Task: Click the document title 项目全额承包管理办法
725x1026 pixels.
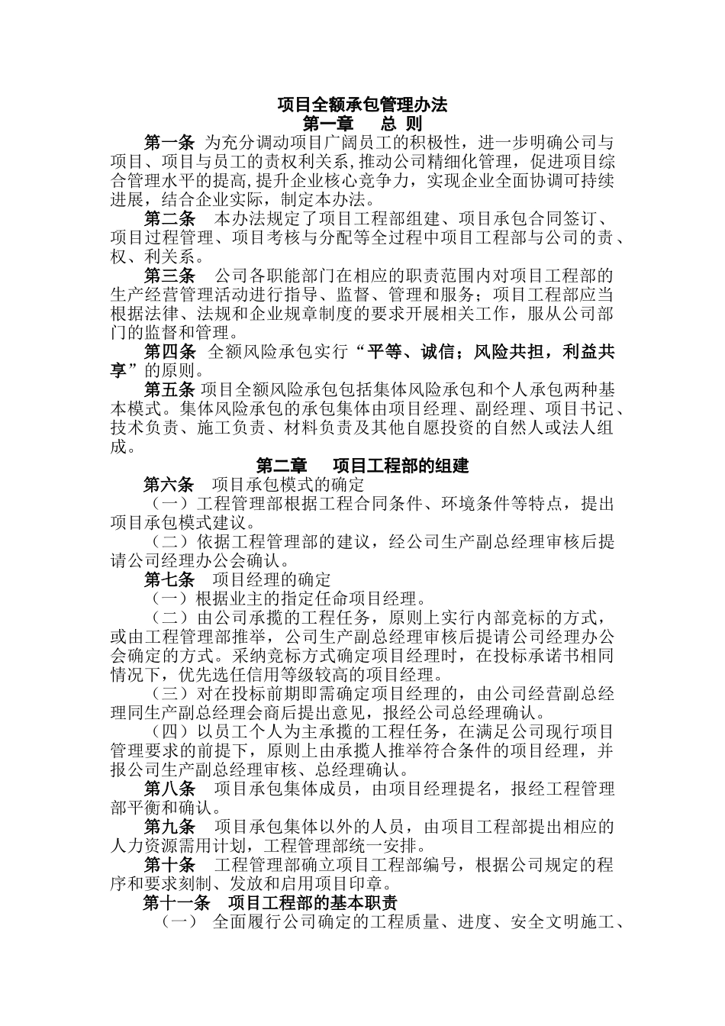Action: [x=362, y=105]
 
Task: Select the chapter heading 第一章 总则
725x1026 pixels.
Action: [x=362, y=124]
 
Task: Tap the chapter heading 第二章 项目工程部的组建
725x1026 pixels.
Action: [x=362, y=465]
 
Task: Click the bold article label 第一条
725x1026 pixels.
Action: [x=169, y=143]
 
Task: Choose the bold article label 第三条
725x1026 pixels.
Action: [x=169, y=275]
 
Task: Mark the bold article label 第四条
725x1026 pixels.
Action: [x=169, y=352]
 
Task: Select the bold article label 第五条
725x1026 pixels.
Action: [x=169, y=390]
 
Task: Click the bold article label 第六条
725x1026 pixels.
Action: [x=169, y=485]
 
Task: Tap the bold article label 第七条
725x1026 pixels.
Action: [x=169, y=579]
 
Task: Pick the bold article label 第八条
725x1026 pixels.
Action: [x=169, y=789]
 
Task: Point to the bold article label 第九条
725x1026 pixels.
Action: [x=169, y=827]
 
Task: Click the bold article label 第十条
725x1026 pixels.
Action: [x=169, y=865]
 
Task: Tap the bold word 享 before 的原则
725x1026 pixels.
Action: [x=118, y=371]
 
